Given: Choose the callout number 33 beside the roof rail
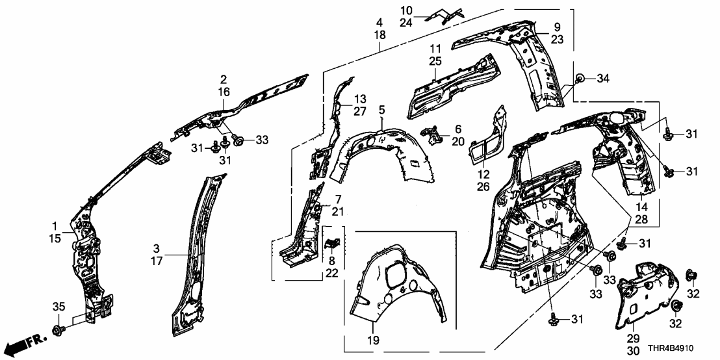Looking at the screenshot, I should (x=261, y=139).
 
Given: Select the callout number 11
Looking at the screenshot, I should (x=435, y=48).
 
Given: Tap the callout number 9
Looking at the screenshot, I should (x=557, y=27).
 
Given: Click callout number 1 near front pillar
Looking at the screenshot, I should (x=55, y=225).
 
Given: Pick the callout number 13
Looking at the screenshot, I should (x=360, y=99).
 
